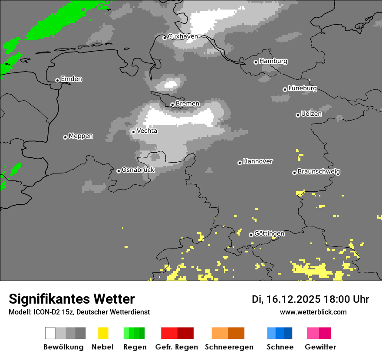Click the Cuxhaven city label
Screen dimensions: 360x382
click(x=183, y=36)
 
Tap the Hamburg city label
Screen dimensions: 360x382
click(x=273, y=61)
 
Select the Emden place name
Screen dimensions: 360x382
click(x=71, y=79)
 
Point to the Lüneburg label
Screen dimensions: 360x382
click(x=302, y=88)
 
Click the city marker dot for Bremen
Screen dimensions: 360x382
click(x=172, y=105)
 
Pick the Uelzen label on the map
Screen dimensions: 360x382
click(x=311, y=114)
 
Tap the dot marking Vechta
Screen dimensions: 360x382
click(x=133, y=132)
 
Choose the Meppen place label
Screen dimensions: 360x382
click(x=81, y=136)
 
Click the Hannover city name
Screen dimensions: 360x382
click(x=257, y=161)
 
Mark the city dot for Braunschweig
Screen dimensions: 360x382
click(x=294, y=173)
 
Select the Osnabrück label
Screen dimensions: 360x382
click(x=138, y=170)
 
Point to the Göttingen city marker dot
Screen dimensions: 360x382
click(x=251, y=235)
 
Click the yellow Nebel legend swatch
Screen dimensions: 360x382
click(x=103, y=333)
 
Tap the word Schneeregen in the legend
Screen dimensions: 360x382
click(x=229, y=347)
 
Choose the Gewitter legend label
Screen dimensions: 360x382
click(x=320, y=347)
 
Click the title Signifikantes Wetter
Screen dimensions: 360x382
click(x=72, y=299)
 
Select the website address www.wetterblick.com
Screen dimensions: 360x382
click(x=313, y=312)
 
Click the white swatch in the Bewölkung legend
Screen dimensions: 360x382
click(x=50, y=333)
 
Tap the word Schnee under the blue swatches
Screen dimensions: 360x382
click(x=280, y=347)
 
